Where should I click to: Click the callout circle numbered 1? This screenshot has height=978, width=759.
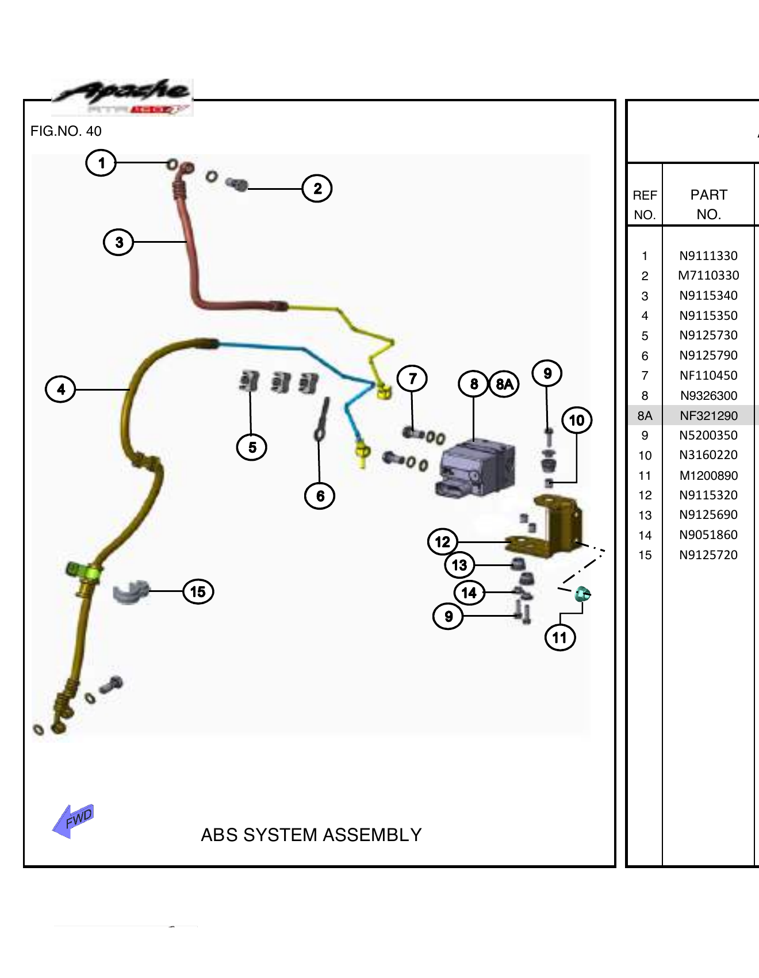point(101,163)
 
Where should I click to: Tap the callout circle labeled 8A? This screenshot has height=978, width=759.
point(504,384)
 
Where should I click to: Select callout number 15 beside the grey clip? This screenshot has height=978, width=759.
point(198,591)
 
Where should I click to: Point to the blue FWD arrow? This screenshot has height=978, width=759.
point(73,820)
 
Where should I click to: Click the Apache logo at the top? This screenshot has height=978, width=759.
point(122,97)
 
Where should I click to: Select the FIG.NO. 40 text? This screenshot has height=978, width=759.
point(66,131)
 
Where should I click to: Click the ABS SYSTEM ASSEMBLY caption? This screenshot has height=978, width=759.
point(311,835)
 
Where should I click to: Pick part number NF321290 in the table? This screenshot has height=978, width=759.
point(708,415)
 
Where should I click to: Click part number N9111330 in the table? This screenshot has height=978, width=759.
point(708,255)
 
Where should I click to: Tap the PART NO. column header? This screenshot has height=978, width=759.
point(708,204)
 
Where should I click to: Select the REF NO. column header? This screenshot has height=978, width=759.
point(645,205)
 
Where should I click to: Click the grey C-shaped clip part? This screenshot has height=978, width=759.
point(130,592)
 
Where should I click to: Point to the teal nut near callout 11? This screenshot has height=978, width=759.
point(582,594)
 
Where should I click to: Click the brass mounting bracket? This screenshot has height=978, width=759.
point(554,526)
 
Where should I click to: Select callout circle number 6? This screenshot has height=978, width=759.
point(320,496)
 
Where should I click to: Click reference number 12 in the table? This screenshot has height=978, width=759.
point(645,495)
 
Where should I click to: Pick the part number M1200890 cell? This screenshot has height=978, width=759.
point(708,475)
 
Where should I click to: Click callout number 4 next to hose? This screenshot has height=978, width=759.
point(60,389)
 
